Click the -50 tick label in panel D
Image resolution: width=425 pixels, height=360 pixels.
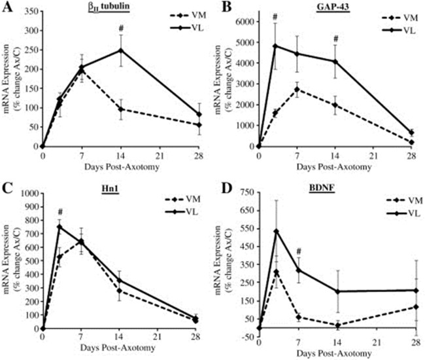(x=247, y=339)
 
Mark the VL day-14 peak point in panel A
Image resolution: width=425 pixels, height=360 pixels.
(x=120, y=50)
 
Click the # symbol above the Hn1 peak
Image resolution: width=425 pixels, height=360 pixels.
(x=59, y=212)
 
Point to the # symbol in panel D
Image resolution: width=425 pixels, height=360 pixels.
(x=297, y=251)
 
